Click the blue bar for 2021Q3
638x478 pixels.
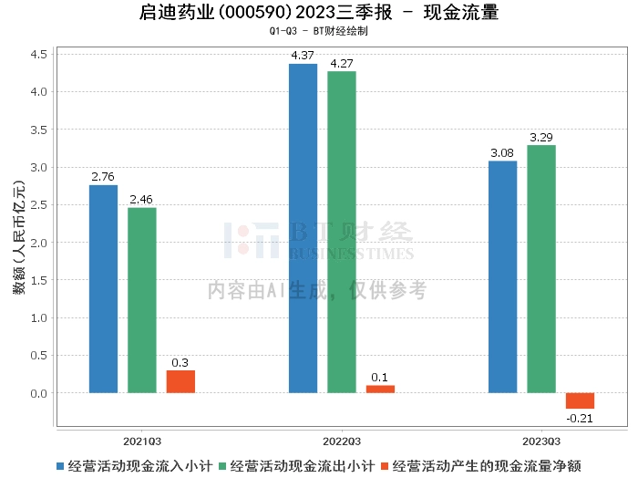coord(103,289)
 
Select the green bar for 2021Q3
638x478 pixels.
coord(141,300)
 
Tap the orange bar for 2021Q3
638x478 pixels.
coord(180,381)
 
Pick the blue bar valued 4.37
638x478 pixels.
coord(303,228)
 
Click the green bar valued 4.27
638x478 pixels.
coord(341,232)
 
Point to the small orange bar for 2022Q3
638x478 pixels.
coord(380,390)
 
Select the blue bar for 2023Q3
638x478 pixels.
coord(502,277)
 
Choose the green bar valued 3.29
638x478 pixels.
coord(540,269)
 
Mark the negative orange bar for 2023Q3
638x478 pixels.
coord(580,401)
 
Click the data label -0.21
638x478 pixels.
coord(580,418)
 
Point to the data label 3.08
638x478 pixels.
coord(502,152)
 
